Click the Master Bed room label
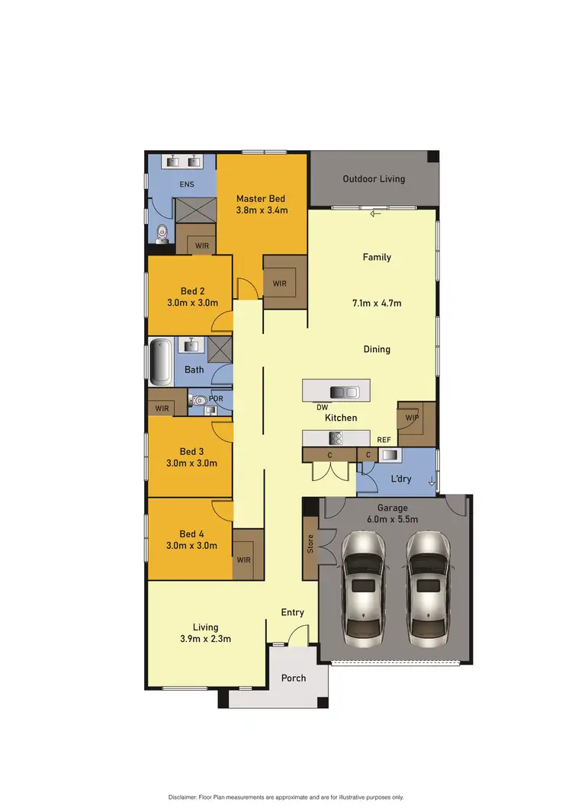pos(262,198)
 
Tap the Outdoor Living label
pos(374,179)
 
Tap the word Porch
pos(294,678)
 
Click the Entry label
pos(292,612)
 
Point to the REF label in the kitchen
pos(384,440)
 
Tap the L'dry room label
pos(401,478)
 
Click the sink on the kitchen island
pos(343,392)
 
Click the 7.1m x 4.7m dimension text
pos(377,303)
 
